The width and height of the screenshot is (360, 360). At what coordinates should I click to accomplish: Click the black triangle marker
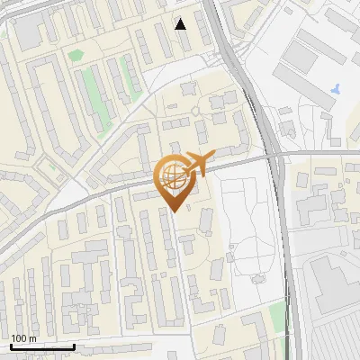tap(181, 23)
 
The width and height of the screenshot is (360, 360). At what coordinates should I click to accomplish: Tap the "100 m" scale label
tap(23, 338)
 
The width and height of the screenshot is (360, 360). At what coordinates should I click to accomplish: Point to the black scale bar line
tap(42, 346)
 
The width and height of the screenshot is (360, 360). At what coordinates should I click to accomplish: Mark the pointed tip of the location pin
tap(174, 211)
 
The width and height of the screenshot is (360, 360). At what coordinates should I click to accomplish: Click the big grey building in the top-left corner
tap(30, 31)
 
